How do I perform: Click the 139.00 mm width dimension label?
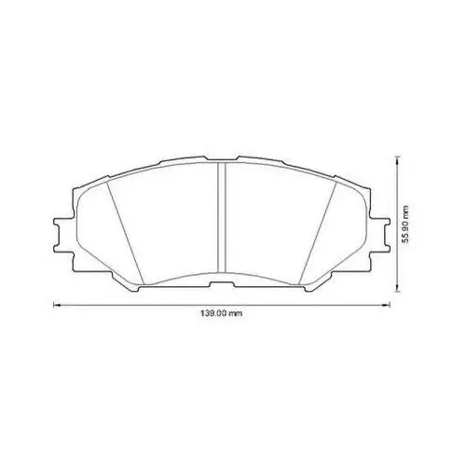click(221, 313)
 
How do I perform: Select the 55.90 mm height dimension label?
click(405, 224)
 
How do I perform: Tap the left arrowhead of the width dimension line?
click(57, 305)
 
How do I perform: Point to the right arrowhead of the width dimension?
click(387, 305)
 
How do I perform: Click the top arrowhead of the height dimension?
click(397, 160)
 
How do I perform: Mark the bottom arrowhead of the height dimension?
click(397, 288)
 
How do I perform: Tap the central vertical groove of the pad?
click(221, 217)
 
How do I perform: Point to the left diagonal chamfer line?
click(125, 233)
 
